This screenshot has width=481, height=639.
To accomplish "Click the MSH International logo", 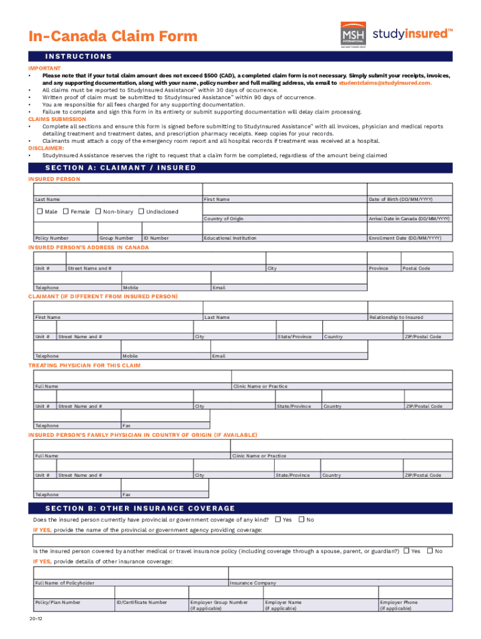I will [352, 34].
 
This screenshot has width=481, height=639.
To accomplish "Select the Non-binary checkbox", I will [97, 212].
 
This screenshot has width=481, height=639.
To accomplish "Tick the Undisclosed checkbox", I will [141, 212].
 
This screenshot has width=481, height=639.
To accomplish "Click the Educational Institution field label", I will [230, 238].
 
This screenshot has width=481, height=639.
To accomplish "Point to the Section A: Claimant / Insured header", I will [121, 167].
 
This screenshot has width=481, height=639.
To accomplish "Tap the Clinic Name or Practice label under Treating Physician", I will [260, 386].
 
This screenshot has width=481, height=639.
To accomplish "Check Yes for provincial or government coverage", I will [278, 519].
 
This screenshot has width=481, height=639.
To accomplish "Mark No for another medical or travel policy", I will [430, 550].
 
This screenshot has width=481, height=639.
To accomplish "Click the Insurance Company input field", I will [341, 573].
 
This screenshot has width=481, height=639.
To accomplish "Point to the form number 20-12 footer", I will [35, 618].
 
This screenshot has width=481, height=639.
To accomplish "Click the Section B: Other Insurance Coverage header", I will [140, 508].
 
